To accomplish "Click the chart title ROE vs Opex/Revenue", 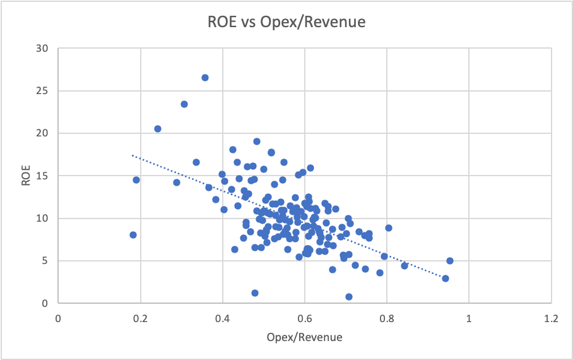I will point(286,22).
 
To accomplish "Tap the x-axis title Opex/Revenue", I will point(305,337).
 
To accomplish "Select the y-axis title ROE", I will point(25,176).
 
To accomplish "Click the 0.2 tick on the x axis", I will point(140,319).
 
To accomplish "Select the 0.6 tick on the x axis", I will point(305,319).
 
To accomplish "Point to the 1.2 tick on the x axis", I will point(551,319).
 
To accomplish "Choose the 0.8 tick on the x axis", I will point(387,319).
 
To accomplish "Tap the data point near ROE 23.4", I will point(184,104).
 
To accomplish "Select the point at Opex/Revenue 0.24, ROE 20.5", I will point(158,129).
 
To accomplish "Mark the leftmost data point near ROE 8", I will point(133,235).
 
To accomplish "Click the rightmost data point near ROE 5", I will point(450,261).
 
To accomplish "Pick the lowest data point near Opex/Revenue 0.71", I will point(349,297).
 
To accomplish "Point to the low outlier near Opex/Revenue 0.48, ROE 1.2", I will point(255,293).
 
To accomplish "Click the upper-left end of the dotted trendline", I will point(132,155).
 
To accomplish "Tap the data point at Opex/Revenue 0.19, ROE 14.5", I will point(136,180).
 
